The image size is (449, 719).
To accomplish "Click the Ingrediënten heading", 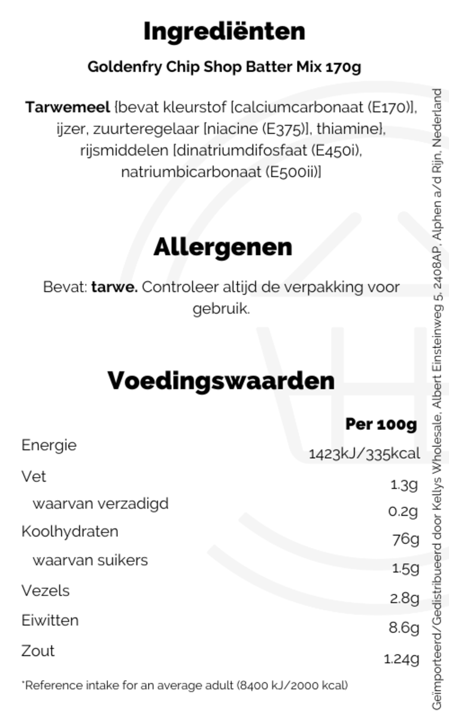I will (x=224, y=31).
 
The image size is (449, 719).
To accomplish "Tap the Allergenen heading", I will (x=223, y=247).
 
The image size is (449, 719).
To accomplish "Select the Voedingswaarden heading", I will (x=221, y=380).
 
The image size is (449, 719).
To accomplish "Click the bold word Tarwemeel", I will (x=68, y=108).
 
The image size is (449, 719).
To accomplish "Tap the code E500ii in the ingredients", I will (x=292, y=172).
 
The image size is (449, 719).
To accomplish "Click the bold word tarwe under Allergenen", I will (x=114, y=287).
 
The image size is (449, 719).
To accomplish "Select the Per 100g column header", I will (x=381, y=424).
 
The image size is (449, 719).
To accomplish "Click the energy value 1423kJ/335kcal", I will (x=364, y=454).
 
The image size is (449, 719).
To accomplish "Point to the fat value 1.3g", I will (x=404, y=484).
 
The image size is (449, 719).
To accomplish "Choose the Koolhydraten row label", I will (x=69, y=531).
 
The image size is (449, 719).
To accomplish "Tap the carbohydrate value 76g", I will (x=405, y=539).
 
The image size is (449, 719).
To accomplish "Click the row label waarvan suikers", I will (x=90, y=560).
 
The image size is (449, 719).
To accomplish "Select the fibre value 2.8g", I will (x=404, y=597).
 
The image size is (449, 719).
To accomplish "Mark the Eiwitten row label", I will (x=50, y=620).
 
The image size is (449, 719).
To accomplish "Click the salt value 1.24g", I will (x=401, y=658).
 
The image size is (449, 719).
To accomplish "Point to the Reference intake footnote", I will (x=184, y=685).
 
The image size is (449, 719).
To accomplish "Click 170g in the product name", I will (x=343, y=67).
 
